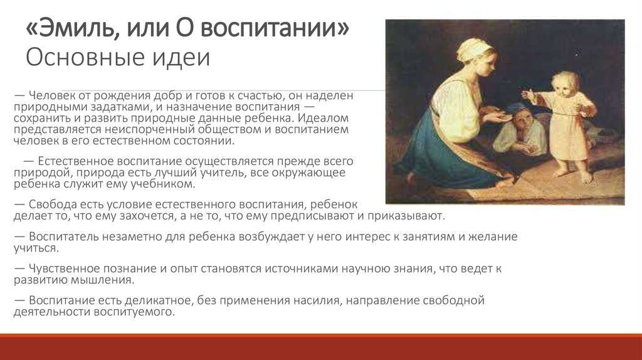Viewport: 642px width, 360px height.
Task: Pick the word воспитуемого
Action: click(135, 312)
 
